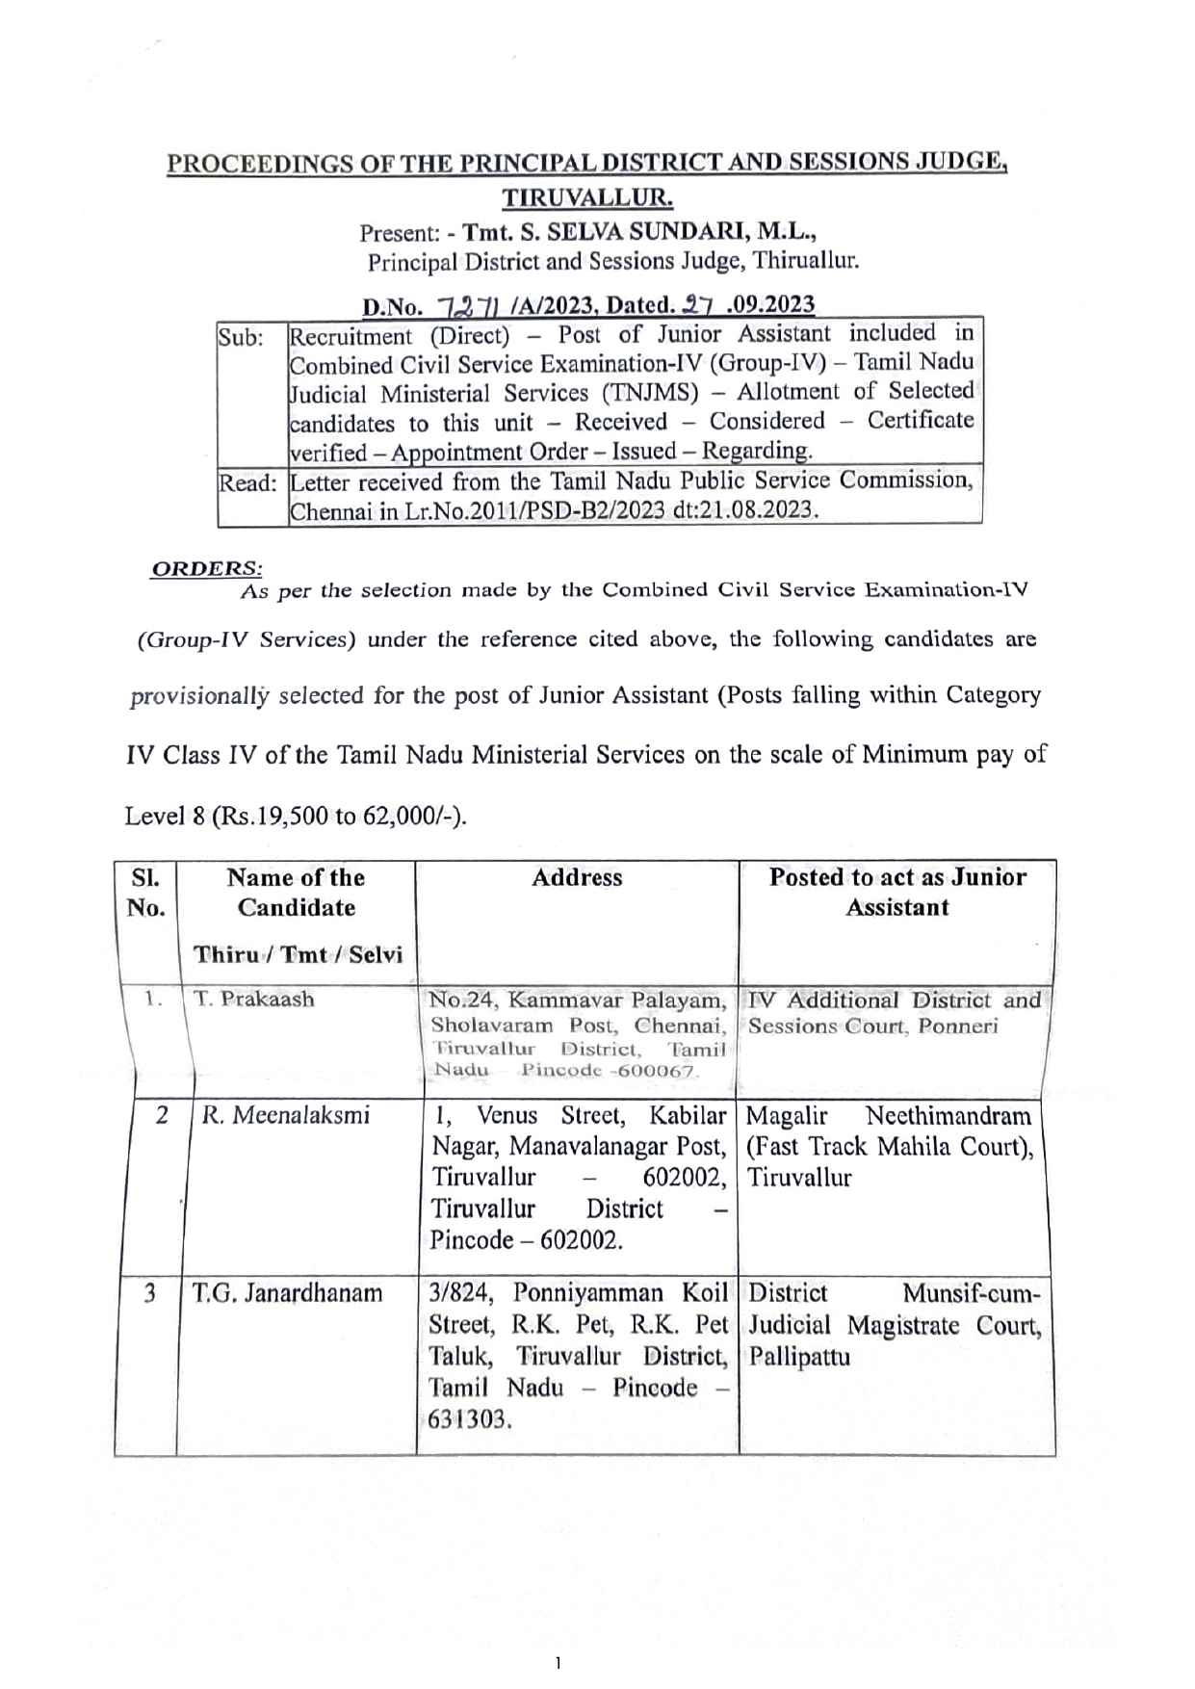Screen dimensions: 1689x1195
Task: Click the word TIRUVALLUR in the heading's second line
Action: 586,198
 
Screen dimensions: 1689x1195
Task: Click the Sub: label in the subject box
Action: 241,338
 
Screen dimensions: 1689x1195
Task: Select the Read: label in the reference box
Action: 248,483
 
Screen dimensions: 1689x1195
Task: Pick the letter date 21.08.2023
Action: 760,511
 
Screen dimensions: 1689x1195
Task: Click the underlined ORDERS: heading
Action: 207,568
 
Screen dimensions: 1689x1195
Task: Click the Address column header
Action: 577,877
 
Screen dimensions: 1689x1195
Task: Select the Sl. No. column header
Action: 146,893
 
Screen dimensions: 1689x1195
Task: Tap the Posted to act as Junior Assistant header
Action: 897,892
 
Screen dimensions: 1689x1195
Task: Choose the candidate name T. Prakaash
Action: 254,999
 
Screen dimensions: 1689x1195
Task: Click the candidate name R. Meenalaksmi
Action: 285,1115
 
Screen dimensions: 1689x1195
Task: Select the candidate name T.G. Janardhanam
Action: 287,1292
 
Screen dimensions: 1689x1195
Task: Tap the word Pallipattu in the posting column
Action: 798,1358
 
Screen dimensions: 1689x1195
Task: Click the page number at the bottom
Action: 558,1661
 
